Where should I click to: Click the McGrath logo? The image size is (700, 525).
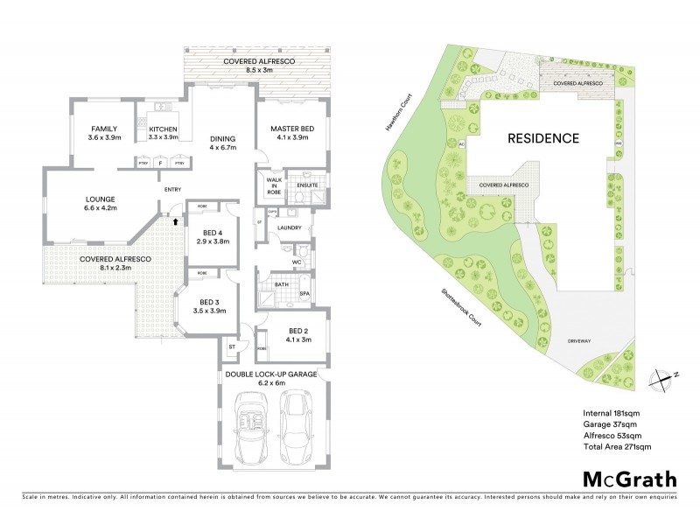[x=629, y=479]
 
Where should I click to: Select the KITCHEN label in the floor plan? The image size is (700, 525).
[x=164, y=129]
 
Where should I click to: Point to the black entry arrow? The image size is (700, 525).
[x=175, y=221]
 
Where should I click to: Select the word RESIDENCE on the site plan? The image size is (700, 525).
[x=543, y=138]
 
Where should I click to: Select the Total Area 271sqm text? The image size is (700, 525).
[x=617, y=446]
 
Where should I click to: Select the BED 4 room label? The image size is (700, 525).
[x=211, y=235]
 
